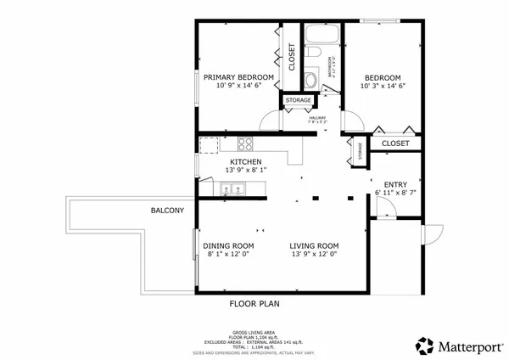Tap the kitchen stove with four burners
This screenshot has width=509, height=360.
coord(245,143)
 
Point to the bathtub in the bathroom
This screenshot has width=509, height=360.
coord(323,36)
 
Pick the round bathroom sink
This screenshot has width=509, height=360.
coord(310,81)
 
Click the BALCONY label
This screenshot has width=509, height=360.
coord(167,211)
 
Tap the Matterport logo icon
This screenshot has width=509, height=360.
coord(423,346)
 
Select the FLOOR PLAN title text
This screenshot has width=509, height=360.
coord(255,303)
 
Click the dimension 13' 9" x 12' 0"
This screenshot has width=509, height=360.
coord(314,254)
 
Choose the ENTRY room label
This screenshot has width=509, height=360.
coord(395,184)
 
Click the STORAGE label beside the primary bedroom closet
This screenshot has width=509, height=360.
coord(298,101)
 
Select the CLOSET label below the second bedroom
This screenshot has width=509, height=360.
coord(395,143)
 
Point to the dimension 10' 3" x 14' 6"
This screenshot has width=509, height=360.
coord(383,85)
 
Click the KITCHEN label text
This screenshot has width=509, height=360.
coord(245,161)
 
